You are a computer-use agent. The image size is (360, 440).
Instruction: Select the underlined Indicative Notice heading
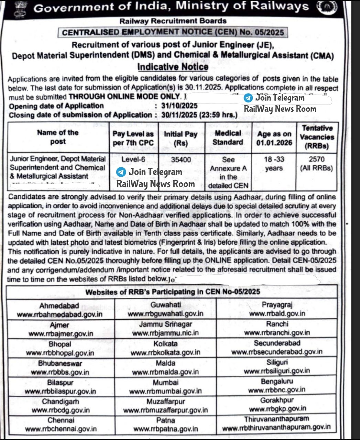(173, 67)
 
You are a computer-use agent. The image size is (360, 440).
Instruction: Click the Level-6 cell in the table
(133, 159)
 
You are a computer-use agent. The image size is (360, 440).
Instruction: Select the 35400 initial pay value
(181, 159)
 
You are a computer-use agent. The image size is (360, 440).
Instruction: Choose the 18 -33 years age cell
(274, 164)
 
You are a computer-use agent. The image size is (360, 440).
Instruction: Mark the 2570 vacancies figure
(316, 159)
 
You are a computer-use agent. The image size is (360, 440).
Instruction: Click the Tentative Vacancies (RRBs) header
(317, 137)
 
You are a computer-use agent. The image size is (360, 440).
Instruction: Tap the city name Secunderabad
(277, 343)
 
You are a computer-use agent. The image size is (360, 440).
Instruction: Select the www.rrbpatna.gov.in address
(165, 429)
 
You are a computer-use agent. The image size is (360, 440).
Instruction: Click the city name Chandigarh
(61, 401)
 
